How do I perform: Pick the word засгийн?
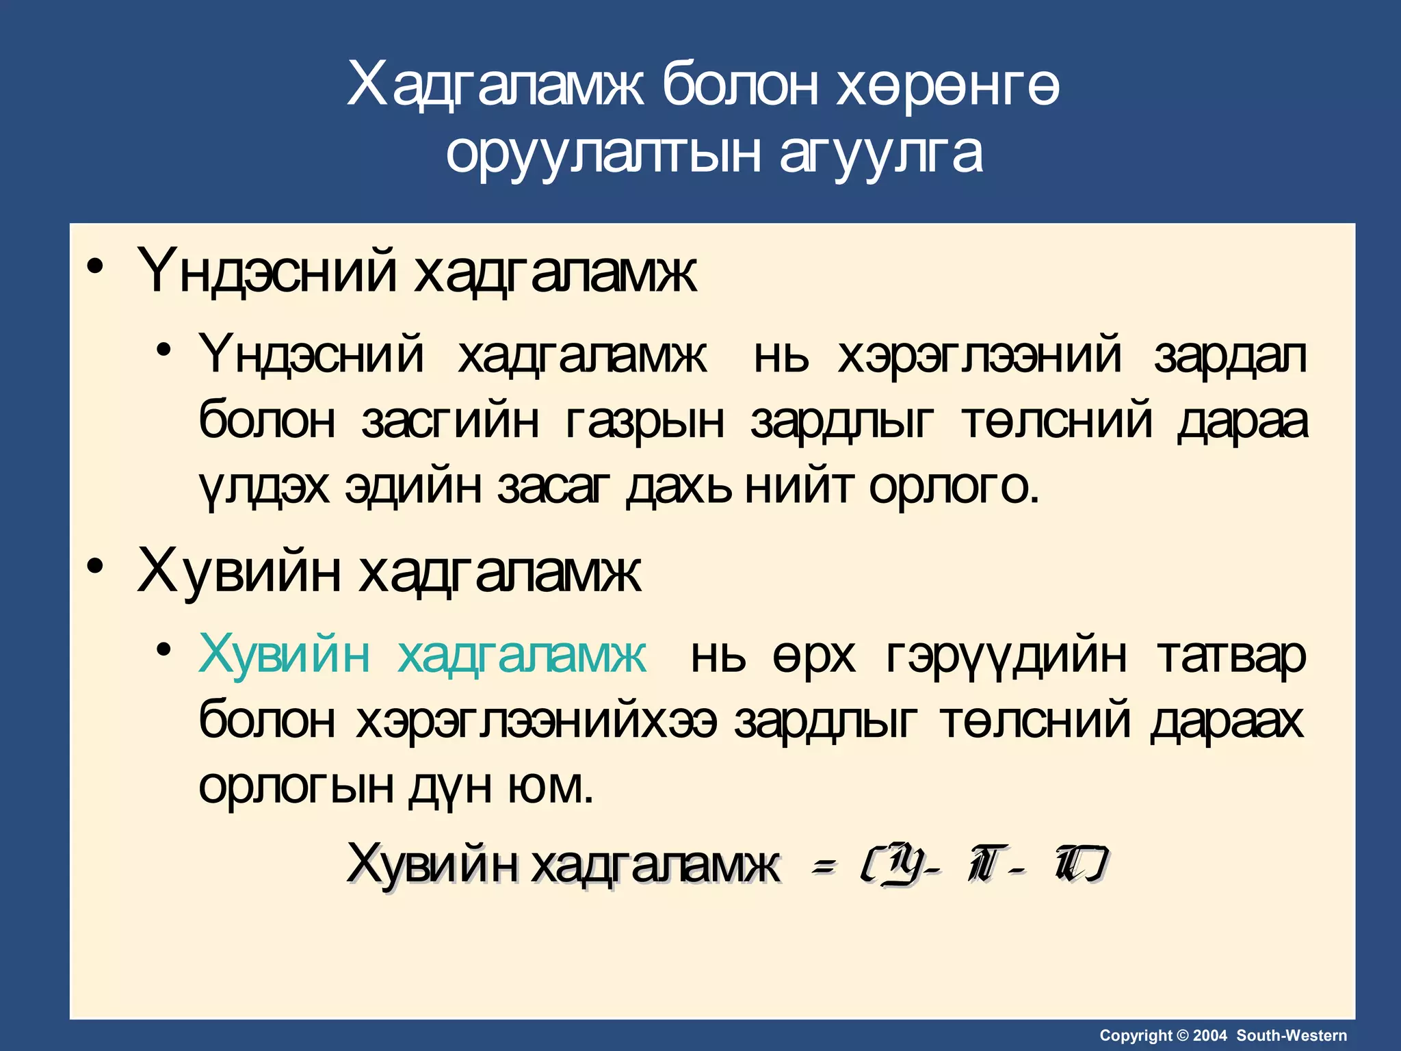450,421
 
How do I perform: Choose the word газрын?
645,422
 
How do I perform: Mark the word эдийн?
414,486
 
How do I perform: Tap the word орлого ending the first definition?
954,487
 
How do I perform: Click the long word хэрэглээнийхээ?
536,721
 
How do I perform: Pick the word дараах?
1227,721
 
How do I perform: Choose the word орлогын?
296,786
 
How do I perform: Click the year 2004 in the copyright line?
1210,1035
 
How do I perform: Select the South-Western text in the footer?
1292,1035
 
